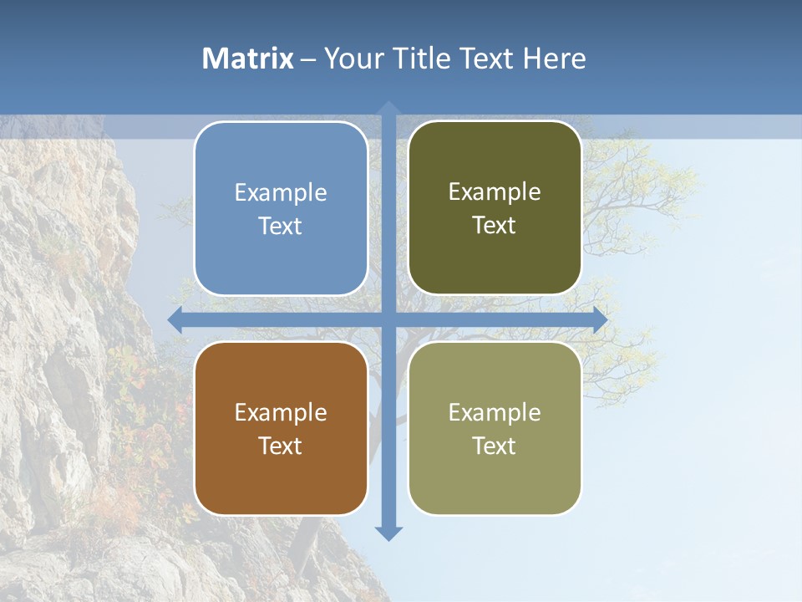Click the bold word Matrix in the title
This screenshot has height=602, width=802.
pyautogui.click(x=248, y=59)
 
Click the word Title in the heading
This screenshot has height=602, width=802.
pyautogui.click(x=423, y=59)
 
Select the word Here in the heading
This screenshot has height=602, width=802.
pyautogui.click(x=555, y=59)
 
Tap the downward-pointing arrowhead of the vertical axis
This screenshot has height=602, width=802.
pyautogui.click(x=388, y=533)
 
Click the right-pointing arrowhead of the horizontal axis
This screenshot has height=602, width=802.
pyautogui.click(x=601, y=319)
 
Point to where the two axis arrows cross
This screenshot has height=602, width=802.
pyautogui.click(x=388, y=319)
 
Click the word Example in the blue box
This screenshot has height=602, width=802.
pyautogui.click(x=281, y=193)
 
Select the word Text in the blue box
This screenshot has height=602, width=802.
pyautogui.click(x=281, y=227)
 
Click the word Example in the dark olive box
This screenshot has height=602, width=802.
pyautogui.click(x=495, y=192)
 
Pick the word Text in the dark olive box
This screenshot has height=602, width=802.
pyautogui.click(x=495, y=226)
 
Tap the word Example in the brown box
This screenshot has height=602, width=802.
pyautogui.click(x=281, y=413)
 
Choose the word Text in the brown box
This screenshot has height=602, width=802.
pyautogui.click(x=281, y=446)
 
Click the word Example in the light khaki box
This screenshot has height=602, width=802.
pyautogui.click(x=495, y=413)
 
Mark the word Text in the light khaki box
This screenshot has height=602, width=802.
pyautogui.click(x=495, y=446)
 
